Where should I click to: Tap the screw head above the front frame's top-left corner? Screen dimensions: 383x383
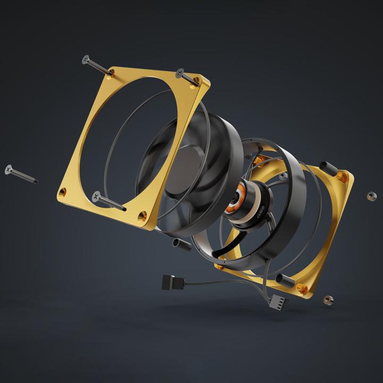coord(86,59)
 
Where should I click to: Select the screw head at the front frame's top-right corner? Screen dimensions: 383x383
coord(180,72)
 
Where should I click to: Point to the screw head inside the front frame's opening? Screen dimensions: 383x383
coord(97,196)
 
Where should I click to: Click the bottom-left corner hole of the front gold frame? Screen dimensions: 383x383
coord(63,191)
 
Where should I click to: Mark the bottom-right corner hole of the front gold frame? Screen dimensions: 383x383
coord(142,216)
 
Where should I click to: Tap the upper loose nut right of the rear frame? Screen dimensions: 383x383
coord(370,196)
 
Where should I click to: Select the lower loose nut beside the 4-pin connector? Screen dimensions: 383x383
coord(329,301)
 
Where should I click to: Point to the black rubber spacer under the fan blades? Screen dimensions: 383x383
coord(182,244)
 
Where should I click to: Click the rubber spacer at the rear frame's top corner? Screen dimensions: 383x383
coord(329,169)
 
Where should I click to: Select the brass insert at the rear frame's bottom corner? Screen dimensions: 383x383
coord(303,289)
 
